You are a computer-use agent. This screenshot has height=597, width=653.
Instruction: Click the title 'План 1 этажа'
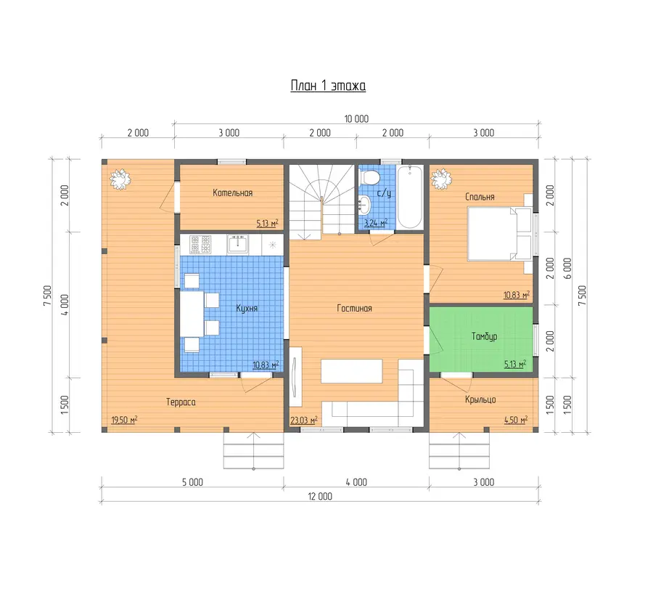point(328,86)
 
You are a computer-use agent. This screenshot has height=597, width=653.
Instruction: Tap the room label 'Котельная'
point(232,192)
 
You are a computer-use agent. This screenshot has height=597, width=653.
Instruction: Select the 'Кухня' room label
point(247,309)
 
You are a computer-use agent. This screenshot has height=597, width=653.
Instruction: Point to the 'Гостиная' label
point(354,309)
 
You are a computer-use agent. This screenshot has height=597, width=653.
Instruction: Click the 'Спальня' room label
point(480,197)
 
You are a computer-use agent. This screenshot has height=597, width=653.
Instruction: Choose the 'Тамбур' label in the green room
point(484,336)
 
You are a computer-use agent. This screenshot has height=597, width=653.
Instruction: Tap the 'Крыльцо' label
point(480,399)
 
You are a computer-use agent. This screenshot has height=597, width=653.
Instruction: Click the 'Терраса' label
point(181,402)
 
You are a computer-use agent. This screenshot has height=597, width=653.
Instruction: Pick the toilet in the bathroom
point(370,176)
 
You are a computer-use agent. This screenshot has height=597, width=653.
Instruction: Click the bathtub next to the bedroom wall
point(409,197)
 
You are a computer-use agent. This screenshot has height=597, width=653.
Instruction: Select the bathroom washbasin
point(364,204)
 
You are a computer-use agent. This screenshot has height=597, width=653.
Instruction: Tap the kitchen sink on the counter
point(238,244)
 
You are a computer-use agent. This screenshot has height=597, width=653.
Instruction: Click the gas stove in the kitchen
point(200,244)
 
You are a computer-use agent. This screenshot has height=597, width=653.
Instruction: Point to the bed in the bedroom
point(500,234)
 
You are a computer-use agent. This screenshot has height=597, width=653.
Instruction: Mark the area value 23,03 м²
point(303,421)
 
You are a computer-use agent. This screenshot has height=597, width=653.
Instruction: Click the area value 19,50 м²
point(124,420)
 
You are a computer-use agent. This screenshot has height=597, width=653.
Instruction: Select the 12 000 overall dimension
point(320,496)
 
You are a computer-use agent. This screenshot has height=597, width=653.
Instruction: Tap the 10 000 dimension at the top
point(356,119)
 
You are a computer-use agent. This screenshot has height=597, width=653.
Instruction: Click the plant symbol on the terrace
point(120,179)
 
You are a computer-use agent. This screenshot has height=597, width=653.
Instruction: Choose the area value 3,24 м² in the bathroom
point(376,223)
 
